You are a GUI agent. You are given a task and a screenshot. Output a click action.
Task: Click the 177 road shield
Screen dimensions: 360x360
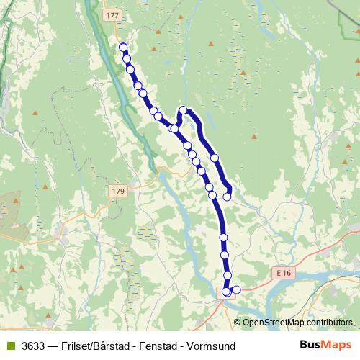(x=112, y=14)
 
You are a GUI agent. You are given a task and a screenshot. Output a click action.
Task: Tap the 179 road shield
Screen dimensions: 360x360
(x=119, y=191)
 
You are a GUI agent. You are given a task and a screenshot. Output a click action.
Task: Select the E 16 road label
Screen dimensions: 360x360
(x=284, y=274)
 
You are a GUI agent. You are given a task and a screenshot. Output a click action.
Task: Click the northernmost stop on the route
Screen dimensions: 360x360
(x=123, y=48)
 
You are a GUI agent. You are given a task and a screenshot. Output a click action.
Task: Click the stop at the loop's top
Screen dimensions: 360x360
(x=184, y=110)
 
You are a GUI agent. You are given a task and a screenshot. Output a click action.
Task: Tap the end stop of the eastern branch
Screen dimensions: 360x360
(x=228, y=195)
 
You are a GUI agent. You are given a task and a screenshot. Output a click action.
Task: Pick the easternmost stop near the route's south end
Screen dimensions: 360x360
(x=236, y=289)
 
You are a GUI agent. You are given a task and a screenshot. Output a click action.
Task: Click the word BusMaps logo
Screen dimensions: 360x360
(x=325, y=345)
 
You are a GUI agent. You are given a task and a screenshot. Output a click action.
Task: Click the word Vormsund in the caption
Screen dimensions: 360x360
(x=213, y=346)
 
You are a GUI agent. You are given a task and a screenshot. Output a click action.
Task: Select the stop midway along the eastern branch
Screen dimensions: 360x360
(x=214, y=157)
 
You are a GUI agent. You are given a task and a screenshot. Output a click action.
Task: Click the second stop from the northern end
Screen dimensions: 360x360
(x=127, y=58)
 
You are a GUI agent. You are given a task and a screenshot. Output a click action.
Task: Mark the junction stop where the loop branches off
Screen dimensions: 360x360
(x=174, y=128)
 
